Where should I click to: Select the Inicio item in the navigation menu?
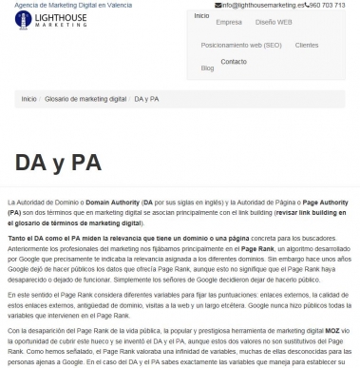201,16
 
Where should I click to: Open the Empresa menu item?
229,21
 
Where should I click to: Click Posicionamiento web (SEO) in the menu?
241,45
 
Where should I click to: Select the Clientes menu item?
307,45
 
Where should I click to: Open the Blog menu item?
208,68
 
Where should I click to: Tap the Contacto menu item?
234,61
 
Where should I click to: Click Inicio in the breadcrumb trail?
28,99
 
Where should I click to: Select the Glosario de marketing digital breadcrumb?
85,99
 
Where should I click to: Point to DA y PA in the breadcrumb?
146,99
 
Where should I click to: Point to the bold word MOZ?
332,329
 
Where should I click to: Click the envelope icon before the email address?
219,6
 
